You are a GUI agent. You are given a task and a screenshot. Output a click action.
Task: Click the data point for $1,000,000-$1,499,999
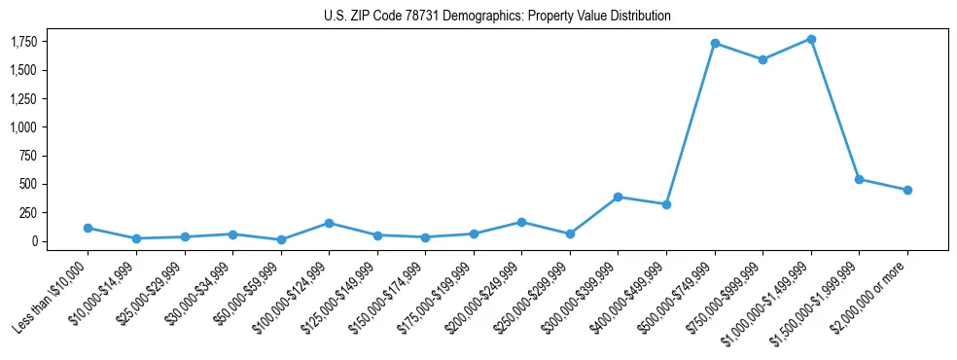point(811,39)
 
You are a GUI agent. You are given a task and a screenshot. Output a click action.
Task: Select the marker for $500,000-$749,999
point(715,44)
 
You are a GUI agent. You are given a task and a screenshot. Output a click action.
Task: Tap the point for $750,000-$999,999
point(762,59)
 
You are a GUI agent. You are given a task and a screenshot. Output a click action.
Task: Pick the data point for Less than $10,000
point(88,228)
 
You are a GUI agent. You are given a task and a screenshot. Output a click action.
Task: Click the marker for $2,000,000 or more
point(907,190)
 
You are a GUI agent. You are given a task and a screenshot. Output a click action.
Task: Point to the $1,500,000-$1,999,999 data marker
point(859,179)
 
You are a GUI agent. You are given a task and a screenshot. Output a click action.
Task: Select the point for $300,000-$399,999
point(619,197)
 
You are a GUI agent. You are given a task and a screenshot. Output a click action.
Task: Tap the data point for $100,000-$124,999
point(329,223)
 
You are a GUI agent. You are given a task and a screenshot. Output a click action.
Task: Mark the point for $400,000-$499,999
point(666,204)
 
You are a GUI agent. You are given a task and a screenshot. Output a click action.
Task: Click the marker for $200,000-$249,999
point(522,222)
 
